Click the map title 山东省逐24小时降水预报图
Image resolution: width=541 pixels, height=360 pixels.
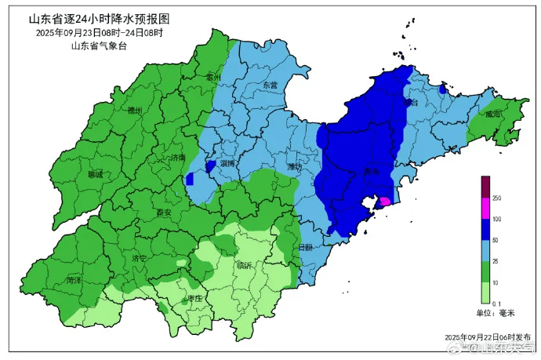click(98, 17)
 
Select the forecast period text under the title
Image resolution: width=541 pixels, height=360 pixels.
click(99, 33)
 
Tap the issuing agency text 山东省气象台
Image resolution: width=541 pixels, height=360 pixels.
click(98, 46)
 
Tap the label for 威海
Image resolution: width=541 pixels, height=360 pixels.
click(492, 114)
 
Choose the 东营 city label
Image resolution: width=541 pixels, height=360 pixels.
click(270, 85)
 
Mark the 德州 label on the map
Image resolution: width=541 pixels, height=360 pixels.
click(135, 111)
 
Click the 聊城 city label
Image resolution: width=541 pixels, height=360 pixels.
click(96, 174)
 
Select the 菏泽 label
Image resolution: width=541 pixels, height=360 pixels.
click(74, 279)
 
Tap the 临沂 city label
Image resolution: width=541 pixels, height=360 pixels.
click(245, 266)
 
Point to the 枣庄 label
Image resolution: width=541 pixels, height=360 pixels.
click(196, 299)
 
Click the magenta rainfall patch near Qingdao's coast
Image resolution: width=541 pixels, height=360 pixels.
click(385, 202)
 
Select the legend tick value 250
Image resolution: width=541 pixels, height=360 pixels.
click(497, 198)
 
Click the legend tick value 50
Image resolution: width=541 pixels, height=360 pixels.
click(497, 239)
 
